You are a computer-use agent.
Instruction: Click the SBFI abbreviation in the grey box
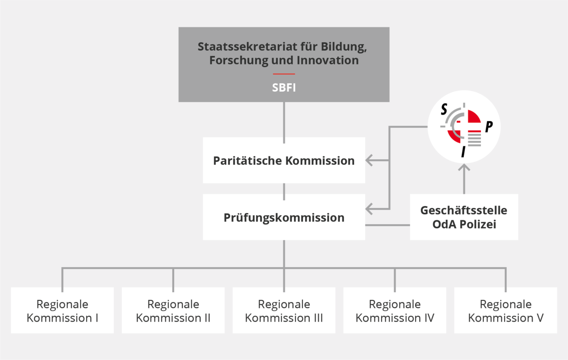pyautogui.click(x=284, y=88)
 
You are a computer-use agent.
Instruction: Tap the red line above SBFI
pyautogui.click(x=284, y=74)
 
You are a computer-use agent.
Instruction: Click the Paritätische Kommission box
pyautogui.click(x=284, y=161)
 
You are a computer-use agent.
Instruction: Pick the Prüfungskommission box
pyautogui.click(x=284, y=218)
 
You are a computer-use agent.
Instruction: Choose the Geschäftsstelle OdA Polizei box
pyautogui.click(x=464, y=217)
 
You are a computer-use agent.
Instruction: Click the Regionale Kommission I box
pyautogui.click(x=62, y=311)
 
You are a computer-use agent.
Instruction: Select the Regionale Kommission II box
pyautogui.click(x=173, y=311)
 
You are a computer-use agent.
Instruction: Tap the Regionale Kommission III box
pyautogui.click(x=284, y=311)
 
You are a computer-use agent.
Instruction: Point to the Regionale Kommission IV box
pyautogui.click(x=395, y=311)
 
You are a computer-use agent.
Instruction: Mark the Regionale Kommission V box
pyautogui.click(x=506, y=311)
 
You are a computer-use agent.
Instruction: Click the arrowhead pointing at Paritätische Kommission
pyautogui.click(x=369, y=161)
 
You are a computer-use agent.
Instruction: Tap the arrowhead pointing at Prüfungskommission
pyautogui.click(x=369, y=208)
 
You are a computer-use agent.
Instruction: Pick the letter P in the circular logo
pyautogui.click(x=489, y=126)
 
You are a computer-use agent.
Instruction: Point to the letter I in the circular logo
pyautogui.click(x=463, y=152)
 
